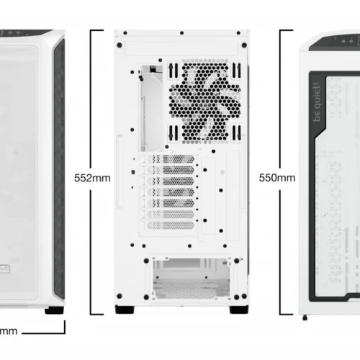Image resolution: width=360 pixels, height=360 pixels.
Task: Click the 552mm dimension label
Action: (93, 177)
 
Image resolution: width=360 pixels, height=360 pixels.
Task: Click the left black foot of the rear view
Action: (125, 310)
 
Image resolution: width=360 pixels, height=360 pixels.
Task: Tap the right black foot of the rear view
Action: (235, 310)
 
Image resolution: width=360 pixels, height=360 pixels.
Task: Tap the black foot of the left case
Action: (53, 310)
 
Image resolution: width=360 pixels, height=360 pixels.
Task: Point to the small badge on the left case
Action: (5, 268)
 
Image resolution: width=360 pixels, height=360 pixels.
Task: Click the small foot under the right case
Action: (307, 316)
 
